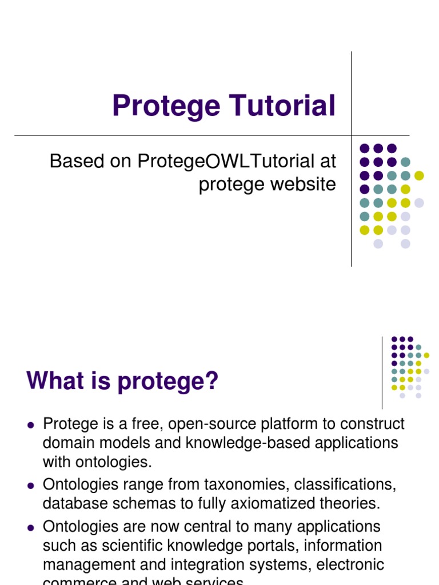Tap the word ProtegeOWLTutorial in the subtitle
[225, 162]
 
